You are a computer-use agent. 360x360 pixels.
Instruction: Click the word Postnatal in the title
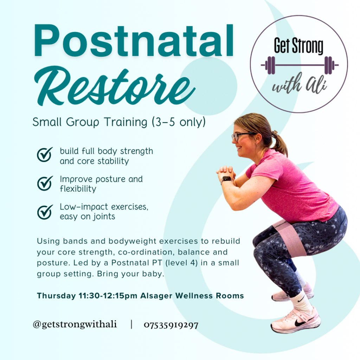pos(134,41)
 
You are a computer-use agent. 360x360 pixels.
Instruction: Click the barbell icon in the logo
pos(300,65)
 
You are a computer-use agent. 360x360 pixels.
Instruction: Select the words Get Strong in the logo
pos(298,46)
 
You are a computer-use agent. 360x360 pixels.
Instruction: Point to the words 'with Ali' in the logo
pos(300,84)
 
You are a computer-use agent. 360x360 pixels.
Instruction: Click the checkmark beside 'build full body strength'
pos(45,155)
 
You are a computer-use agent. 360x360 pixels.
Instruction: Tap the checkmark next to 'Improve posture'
pos(45,183)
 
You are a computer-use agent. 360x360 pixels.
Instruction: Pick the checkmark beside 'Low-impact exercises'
pos(45,212)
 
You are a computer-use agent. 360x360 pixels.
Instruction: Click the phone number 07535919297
pos(171,325)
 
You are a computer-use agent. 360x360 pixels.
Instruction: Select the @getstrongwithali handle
pos(75,324)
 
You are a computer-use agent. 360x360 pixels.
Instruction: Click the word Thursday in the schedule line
pos(56,296)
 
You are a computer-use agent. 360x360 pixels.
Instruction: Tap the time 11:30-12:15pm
pos(108,296)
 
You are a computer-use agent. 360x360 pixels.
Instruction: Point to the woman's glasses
pos(243,136)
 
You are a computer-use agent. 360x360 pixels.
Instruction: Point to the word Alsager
pos(156,296)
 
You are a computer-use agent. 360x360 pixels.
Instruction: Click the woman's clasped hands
pos(226,172)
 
